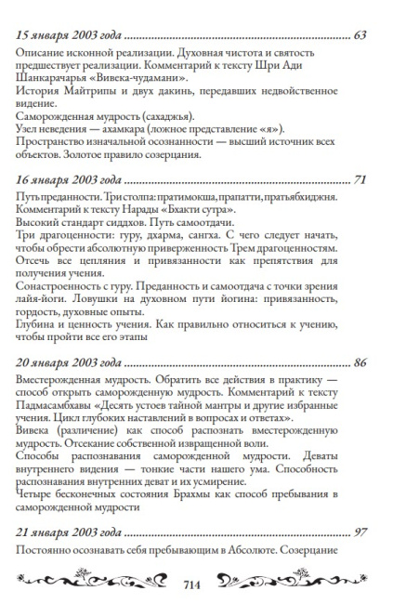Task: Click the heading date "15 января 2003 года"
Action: (x=68, y=36)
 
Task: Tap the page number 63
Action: (x=362, y=36)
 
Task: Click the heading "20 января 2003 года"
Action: (x=69, y=361)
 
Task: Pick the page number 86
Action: (x=362, y=361)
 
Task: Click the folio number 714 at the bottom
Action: (x=195, y=586)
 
